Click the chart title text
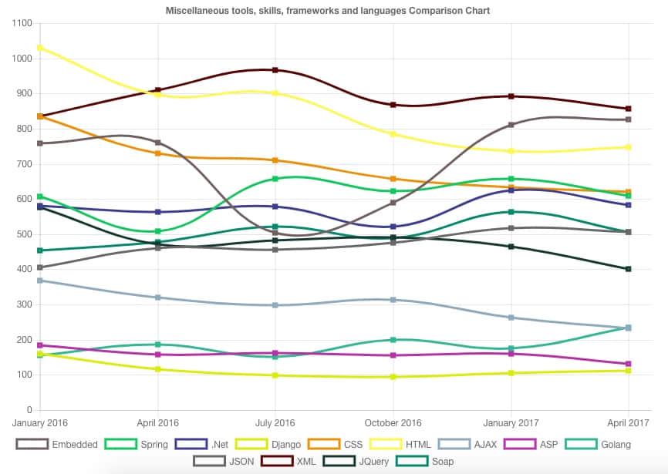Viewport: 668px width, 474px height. tap(328, 11)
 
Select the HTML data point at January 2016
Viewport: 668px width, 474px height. tap(40, 48)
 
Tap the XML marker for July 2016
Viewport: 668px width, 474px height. tap(275, 70)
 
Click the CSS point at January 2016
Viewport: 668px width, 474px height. tap(40, 116)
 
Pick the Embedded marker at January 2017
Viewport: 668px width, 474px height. tap(511, 125)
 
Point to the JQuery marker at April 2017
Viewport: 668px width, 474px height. tap(629, 269)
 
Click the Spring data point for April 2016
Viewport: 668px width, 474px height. tap(158, 231)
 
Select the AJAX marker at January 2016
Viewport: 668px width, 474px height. tap(40, 281)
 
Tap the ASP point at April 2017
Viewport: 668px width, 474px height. tap(629, 364)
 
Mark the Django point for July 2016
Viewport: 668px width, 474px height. tap(275, 375)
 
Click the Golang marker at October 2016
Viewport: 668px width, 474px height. tap(393, 340)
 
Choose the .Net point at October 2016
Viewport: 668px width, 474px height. tap(393, 227)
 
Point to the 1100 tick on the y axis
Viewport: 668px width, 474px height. tap(21, 24)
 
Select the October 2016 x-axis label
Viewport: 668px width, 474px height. tap(393, 423)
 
